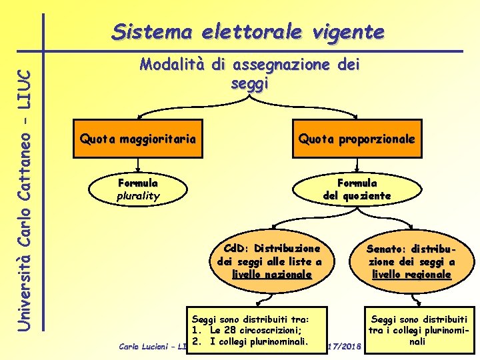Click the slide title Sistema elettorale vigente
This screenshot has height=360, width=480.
(248, 31)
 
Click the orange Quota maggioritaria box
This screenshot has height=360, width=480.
(138, 139)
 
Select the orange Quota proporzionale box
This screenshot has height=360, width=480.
(357, 139)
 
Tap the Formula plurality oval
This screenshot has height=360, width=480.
(138, 189)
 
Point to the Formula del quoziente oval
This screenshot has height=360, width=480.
(357, 189)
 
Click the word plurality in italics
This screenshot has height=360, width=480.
(138, 196)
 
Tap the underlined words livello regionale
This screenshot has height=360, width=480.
(411, 274)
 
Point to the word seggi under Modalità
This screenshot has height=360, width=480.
(249, 84)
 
